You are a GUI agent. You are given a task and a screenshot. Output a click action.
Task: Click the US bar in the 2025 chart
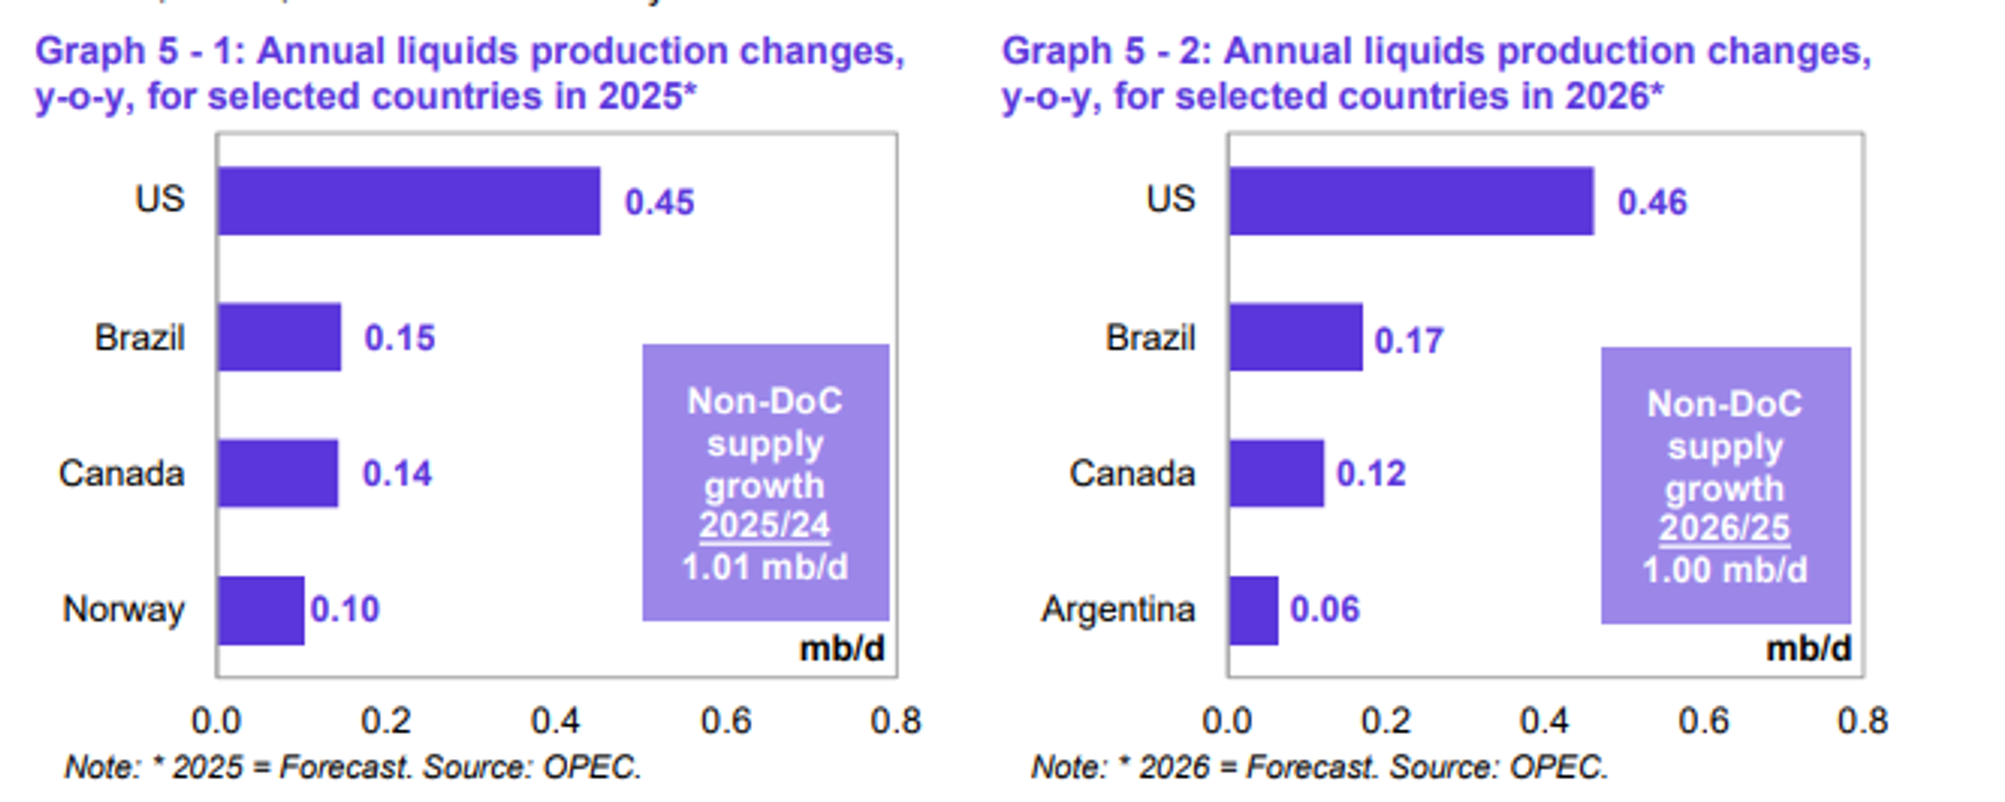coord(409,201)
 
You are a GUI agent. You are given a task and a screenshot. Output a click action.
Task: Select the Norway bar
coord(261,610)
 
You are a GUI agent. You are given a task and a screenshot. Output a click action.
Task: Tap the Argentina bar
coord(1254,610)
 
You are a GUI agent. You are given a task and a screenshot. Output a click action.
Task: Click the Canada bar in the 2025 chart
coord(278,474)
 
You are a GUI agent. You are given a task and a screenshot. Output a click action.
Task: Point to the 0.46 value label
coord(1652,203)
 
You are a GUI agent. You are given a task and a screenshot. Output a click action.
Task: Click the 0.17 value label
coord(1409,340)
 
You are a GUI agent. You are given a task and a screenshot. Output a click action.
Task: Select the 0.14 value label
coord(397,474)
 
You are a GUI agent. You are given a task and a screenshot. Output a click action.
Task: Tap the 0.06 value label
coord(1325,610)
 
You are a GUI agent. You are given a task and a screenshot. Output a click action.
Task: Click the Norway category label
coord(123,610)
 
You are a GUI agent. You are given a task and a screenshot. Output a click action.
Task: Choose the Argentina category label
coord(1118,610)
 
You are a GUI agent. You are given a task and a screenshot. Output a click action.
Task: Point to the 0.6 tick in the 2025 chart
coord(725,721)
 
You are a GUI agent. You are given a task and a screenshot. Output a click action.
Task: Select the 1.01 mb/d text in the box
coord(765,567)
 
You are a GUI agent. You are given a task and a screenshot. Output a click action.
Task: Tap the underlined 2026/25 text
coord(1724,528)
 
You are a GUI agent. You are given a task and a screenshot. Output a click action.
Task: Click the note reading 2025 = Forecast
coord(352,768)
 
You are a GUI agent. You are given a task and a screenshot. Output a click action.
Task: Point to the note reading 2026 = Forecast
coord(1319,768)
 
